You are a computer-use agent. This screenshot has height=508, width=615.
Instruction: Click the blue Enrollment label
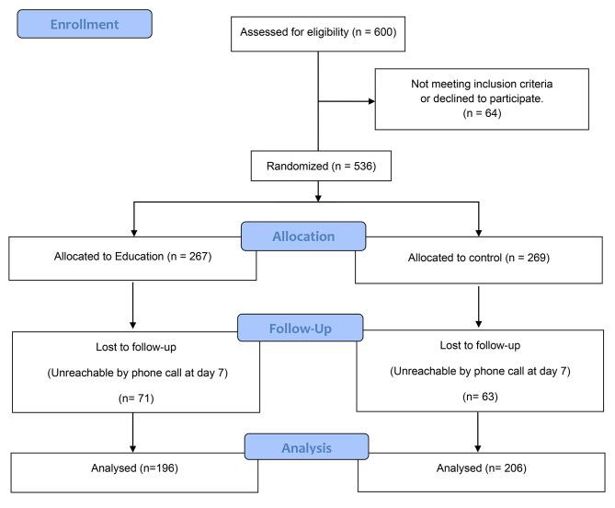(x=84, y=24)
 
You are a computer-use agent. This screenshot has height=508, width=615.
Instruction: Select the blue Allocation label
(x=304, y=237)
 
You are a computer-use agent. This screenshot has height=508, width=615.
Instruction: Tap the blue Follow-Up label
(x=301, y=329)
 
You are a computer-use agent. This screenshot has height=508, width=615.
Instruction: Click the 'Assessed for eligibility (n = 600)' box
(x=317, y=32)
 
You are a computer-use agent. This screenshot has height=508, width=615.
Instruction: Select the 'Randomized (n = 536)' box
(x=317, y=168)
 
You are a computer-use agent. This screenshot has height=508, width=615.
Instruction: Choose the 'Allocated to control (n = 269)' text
(x=478, y=258)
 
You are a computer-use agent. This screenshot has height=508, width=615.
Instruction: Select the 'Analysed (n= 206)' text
(x=479, y=468)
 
